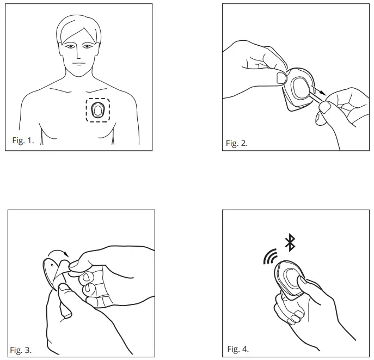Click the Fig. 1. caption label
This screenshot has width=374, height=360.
click(x=23, y=141)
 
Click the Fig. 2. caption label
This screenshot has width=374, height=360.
click(x=237, y=143)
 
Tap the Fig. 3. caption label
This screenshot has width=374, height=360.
click(x=21, y=350)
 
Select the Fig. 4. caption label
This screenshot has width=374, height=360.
click(x=238, y=349)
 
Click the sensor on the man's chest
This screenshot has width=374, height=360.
click(x=98, y=110)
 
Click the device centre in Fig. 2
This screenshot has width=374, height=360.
click(x=299, y=87)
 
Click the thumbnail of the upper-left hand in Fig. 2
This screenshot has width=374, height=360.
click(x=281, y=77)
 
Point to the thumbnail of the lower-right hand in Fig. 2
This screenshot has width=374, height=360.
click(x=324, y=108)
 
